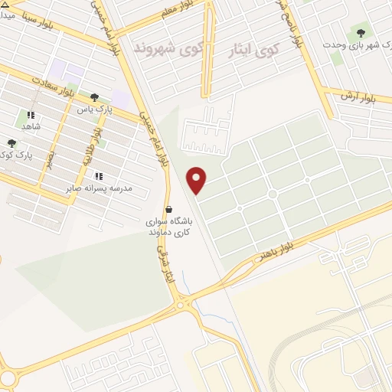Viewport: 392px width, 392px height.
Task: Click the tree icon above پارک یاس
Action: point(94,97)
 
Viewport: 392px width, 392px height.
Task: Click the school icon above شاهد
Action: point(30,115)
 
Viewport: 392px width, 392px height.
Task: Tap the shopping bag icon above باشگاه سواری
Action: point(168,209)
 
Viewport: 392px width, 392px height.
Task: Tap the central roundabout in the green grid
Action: point(272,194)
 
